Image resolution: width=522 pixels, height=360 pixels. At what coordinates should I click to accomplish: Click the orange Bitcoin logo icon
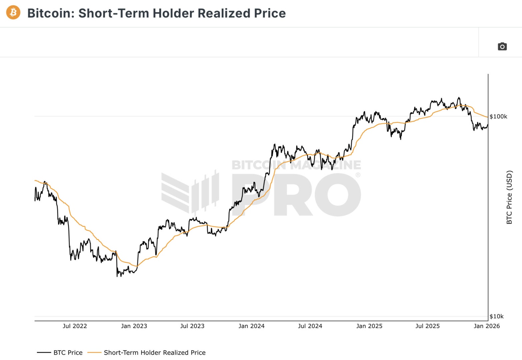pos(13,13)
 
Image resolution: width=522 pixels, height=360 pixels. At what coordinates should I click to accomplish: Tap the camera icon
pos(502,47)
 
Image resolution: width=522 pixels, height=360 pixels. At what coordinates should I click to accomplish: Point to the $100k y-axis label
pos(498,116)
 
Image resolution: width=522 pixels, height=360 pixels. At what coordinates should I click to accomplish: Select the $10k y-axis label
pos(496,316)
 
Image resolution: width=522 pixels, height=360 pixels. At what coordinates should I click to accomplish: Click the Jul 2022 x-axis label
pos(75,326)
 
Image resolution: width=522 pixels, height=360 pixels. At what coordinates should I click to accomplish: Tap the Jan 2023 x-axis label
pos(134,326)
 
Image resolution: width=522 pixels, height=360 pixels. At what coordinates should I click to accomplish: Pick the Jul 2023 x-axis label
pos(192,326)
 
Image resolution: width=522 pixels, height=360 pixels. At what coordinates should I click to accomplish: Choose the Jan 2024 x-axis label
pos(251,326)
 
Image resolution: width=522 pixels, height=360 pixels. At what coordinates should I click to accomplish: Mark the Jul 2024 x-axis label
pos(310,326)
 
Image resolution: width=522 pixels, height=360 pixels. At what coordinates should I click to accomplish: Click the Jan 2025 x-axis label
pos(369,326)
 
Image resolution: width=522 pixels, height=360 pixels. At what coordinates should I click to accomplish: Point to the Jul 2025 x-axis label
pos(427,326)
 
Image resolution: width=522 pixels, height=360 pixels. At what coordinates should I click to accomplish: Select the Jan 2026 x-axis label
pos(487,326)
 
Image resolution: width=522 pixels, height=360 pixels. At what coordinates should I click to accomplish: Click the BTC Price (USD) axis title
pos(509,197)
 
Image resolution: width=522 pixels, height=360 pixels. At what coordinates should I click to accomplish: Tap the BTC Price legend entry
pos(68,353)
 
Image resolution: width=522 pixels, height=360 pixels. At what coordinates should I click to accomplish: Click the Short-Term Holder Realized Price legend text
pos(155,353)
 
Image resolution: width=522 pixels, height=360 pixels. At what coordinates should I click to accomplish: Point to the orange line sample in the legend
pos(94,353)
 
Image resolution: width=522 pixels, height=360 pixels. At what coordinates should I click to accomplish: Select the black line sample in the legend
pos(44,353)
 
